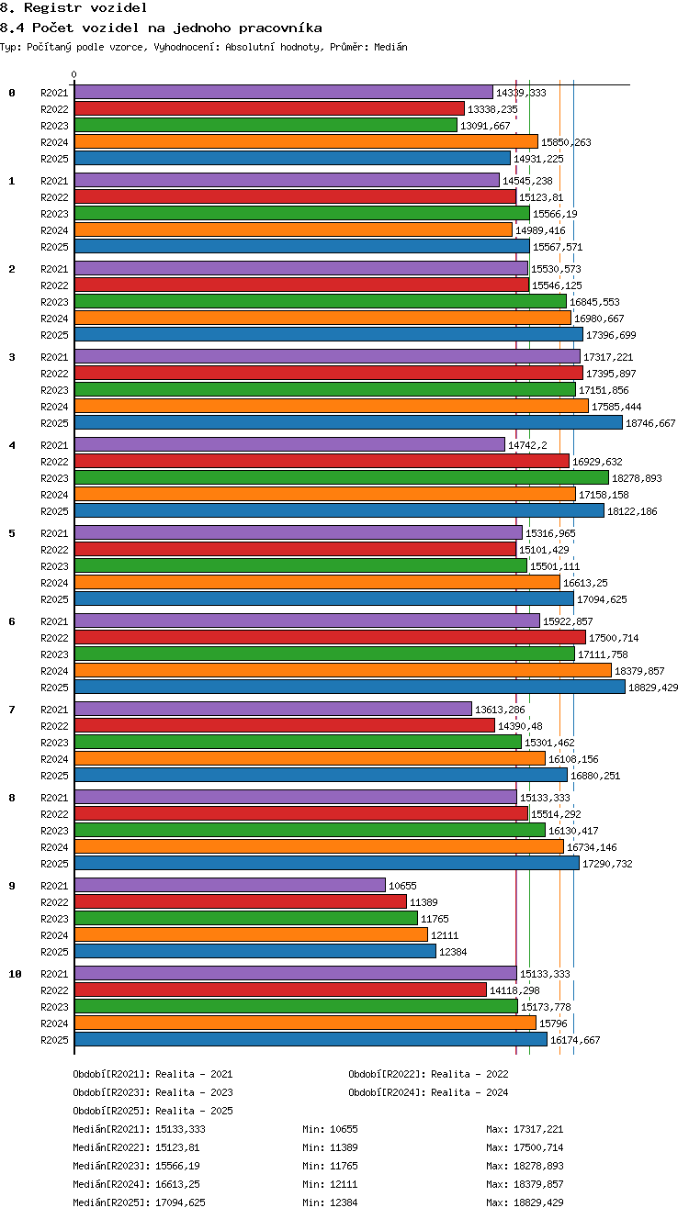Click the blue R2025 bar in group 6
click(350, 687)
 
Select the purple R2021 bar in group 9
click(230, 885)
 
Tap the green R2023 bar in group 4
click(342, 477)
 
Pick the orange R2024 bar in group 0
click(306, 141)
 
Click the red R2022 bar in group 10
click(280, 990)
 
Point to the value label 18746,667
click(650, 423)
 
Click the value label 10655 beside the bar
click(402, 886)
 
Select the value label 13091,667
click(485, 126)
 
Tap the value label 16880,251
click(595, 776)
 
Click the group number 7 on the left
click(12, 709)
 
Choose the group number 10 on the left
click(15, 974)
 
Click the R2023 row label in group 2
click(54, 302)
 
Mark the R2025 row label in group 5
click(54, 599)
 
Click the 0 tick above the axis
click(74, 74)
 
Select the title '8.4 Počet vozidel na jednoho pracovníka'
click(161, 28)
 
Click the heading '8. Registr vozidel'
click(73, 7)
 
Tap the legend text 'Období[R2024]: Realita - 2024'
click(428, 1092)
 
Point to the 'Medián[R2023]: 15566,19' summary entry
click(136, 1166)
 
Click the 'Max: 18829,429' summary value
click(525, 1202)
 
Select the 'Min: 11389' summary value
click(330, 1147)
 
